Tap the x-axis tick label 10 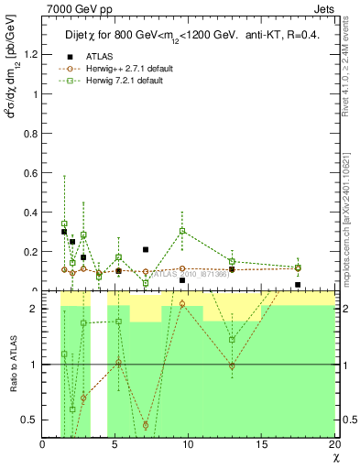click(189, 444)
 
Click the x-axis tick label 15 click(261, 444)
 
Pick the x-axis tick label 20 click(333, 444)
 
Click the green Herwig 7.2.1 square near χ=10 click(182, 231)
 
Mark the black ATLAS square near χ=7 click(146, 249)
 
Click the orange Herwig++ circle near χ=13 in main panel click(232, 269)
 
